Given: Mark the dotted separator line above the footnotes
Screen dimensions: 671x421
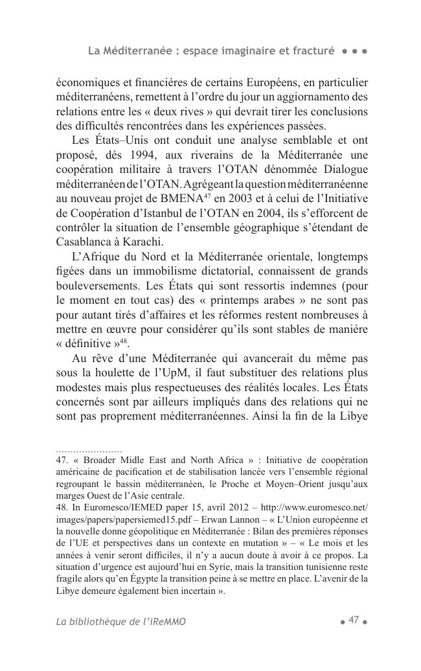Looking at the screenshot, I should pos(89,449).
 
